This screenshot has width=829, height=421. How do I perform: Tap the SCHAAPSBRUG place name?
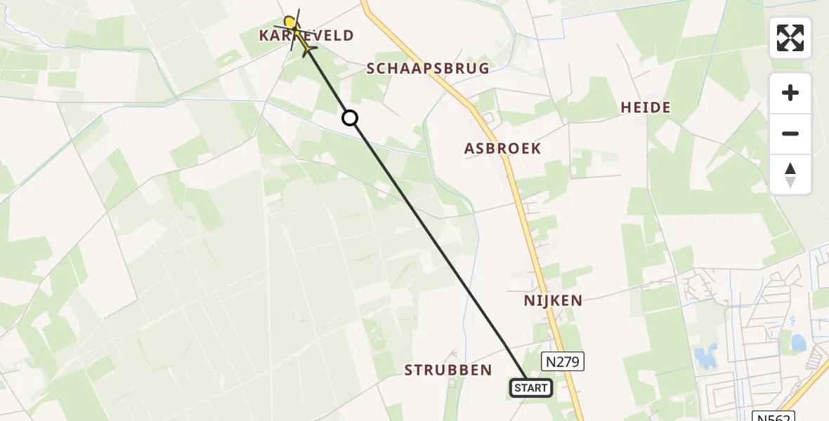[x=428, y=68]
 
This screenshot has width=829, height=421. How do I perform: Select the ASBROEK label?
[x=502, y=149]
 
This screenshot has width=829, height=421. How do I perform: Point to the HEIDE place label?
[x=646, y=107]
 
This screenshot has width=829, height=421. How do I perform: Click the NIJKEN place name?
[x=553, y=301]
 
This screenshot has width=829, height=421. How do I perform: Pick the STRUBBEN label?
[x=448, y=370]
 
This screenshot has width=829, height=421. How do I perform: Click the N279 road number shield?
[x=562, y=361]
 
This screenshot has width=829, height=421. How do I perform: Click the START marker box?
[x=530, y=388]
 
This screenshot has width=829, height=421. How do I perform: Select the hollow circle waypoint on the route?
[x=350, y=118]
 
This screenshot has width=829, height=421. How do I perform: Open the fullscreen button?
[x=790, y=38]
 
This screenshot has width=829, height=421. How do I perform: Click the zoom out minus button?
[x=790, y=134]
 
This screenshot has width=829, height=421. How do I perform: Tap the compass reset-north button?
[x=790, y=175]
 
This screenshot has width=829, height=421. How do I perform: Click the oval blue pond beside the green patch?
[x=798, y=343]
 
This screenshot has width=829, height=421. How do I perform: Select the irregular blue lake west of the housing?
[x=705, y=357]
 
